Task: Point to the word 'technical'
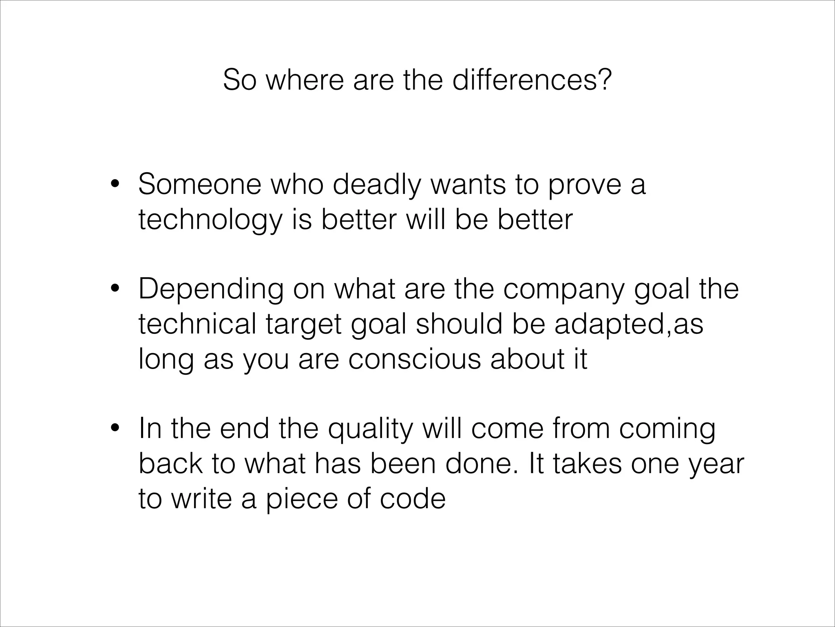197,324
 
